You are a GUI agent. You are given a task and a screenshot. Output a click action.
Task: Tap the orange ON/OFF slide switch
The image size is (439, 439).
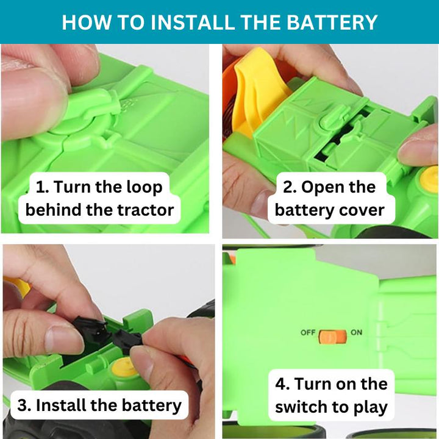coord(333,337)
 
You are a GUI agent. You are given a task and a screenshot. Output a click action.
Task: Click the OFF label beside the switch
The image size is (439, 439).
coord(308,333)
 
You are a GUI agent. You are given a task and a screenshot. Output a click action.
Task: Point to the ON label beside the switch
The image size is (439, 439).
coord(357,332)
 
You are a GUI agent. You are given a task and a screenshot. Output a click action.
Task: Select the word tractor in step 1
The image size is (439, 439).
coord(145,210)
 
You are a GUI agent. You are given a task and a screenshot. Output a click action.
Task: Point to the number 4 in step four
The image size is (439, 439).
coord(282,384)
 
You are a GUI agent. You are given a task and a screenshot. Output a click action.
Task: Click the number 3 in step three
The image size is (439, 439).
coord(23,405)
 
